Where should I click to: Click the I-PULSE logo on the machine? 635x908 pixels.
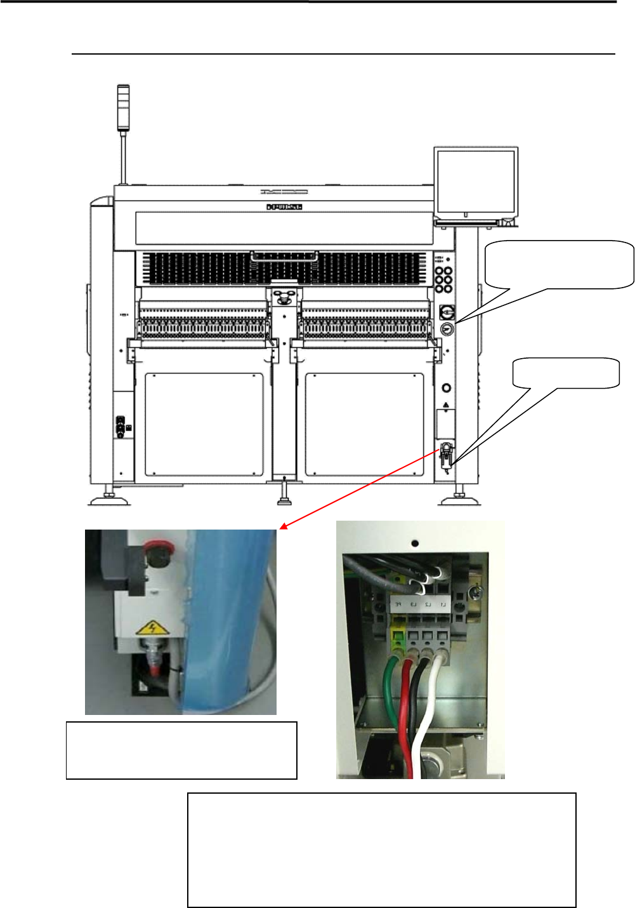coord(284,207)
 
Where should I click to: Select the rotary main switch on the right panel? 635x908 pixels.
coord(447,312)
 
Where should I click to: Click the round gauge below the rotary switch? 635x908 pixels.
coord(447,329)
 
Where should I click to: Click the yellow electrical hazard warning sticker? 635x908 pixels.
coord(151,629)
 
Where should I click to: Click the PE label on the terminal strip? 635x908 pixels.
coord(399,604)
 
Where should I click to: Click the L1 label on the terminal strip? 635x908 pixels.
coord(443,604)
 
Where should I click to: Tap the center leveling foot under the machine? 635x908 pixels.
coord(285,495)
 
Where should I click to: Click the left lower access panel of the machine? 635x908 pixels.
coord(204,424)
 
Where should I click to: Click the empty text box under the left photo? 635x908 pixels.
coord(181,750)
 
